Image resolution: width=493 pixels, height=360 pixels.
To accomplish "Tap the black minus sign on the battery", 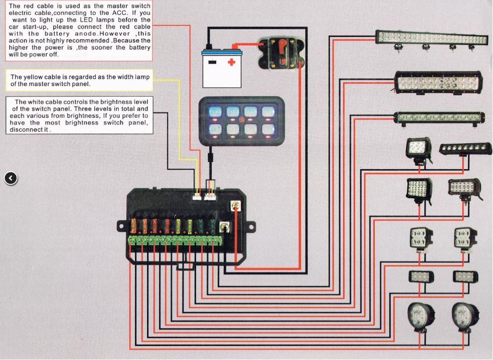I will [x=212, y=62].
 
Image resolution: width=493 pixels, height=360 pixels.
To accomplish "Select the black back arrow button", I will [x=11, y=178].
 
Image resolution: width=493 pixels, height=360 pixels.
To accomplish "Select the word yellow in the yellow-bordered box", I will [x=34, y=77].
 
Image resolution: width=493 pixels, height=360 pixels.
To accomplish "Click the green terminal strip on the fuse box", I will [x=175, y=241].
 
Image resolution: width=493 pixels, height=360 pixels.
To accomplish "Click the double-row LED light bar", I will [x=437, y=83].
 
